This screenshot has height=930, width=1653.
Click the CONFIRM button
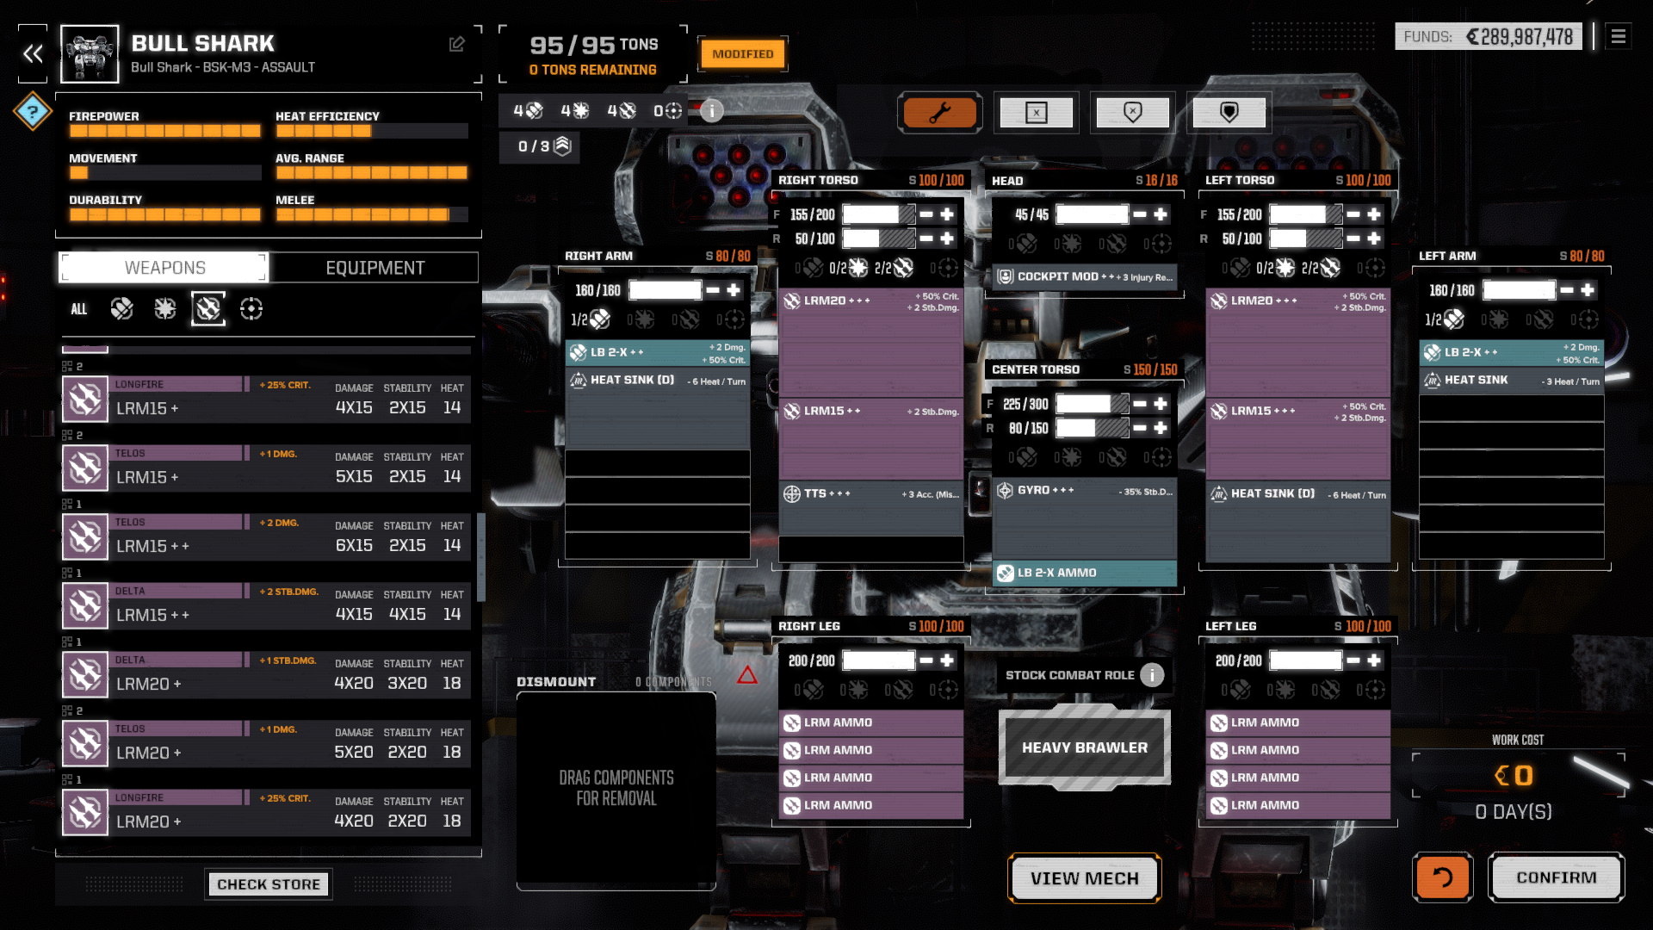point(1556,877)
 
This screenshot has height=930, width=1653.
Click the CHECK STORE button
point(268,884)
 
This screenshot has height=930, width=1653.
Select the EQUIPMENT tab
point(375,268)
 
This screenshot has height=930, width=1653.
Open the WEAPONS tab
point(164,268)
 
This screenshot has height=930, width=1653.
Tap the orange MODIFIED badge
point(742,54)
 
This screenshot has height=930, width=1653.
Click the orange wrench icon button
point(939,113)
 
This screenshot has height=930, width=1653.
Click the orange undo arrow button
point(1442,877)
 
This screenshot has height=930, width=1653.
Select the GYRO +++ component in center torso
point(1084,491)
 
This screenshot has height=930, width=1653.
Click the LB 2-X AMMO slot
point(1084,573)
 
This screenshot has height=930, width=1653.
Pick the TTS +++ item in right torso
point(870,494)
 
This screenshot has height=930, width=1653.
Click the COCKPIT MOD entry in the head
point(1084,277)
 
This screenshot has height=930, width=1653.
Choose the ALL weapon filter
point(78,309)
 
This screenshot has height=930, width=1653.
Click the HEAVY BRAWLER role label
point(1084,747)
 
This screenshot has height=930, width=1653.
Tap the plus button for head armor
point(1161,214)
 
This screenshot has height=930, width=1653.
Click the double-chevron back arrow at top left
point(33,54)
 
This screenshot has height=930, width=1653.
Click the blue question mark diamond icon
point(33,111)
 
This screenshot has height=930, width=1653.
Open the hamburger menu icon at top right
point(1619,36)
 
